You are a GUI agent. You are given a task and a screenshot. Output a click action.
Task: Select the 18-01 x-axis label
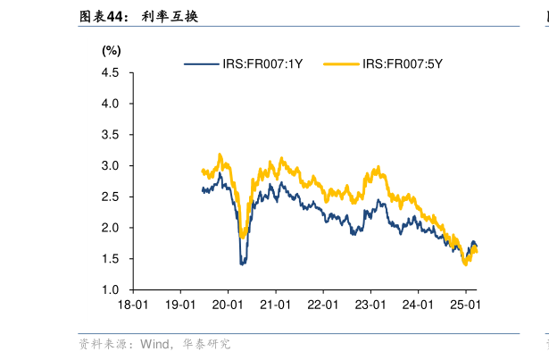tap(132, 305)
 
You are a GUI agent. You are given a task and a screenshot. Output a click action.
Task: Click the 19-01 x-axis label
tap(180, 305)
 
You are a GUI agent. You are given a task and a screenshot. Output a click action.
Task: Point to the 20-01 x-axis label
tap(229, 305)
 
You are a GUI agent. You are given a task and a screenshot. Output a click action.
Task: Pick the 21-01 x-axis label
tap(276, 305)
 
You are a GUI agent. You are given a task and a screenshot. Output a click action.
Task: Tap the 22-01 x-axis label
tap(324, 305)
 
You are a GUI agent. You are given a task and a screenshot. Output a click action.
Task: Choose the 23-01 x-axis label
tap(372, 305)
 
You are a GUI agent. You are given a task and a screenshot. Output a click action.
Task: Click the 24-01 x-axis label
tap(420, 305)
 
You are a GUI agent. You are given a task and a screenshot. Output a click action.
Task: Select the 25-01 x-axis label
tap(467, 305)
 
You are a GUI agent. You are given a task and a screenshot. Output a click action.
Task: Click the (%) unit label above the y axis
tap(111, 50)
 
